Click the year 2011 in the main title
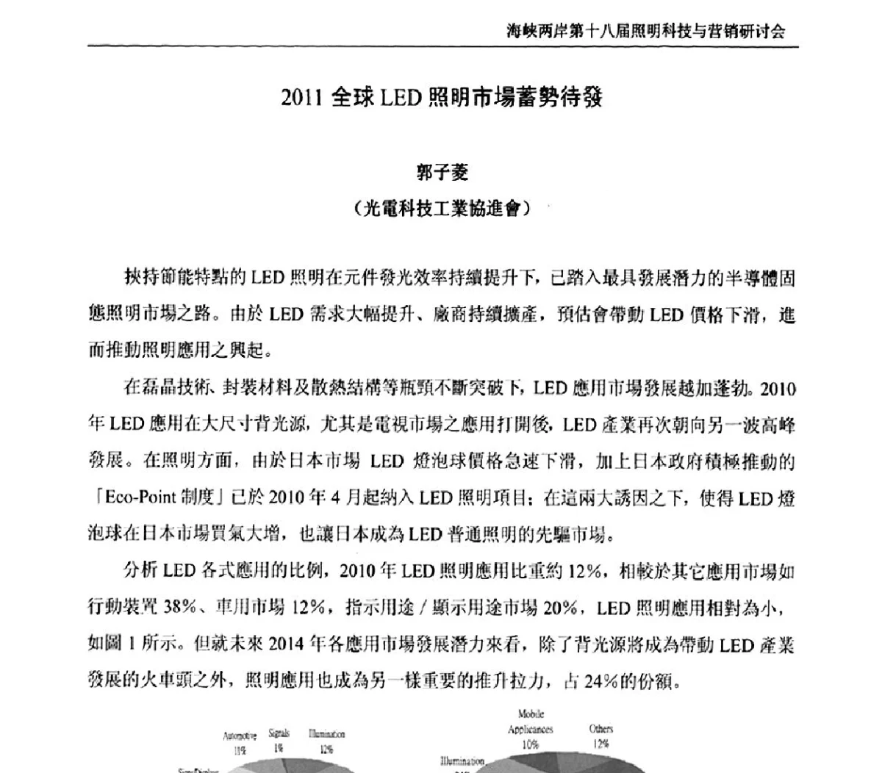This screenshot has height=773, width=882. point(301,98)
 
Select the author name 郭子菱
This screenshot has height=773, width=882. point(442,173)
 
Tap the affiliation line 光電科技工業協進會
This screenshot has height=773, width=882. point(441,209)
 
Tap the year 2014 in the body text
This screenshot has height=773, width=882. point(287,645)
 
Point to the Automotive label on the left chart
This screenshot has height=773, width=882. point(240,736)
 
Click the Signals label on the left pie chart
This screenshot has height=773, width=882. point(279,733)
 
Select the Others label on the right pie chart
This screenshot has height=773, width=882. point(600,729)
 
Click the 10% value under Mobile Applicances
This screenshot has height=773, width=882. point(530,744)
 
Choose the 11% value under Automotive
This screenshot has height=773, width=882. point(240,750)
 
